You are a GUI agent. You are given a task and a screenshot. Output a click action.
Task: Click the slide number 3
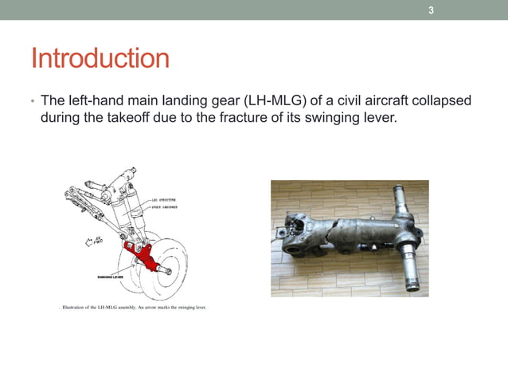[x=431, y=10]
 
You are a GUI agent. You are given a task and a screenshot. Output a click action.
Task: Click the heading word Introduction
[x=100, y=59]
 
